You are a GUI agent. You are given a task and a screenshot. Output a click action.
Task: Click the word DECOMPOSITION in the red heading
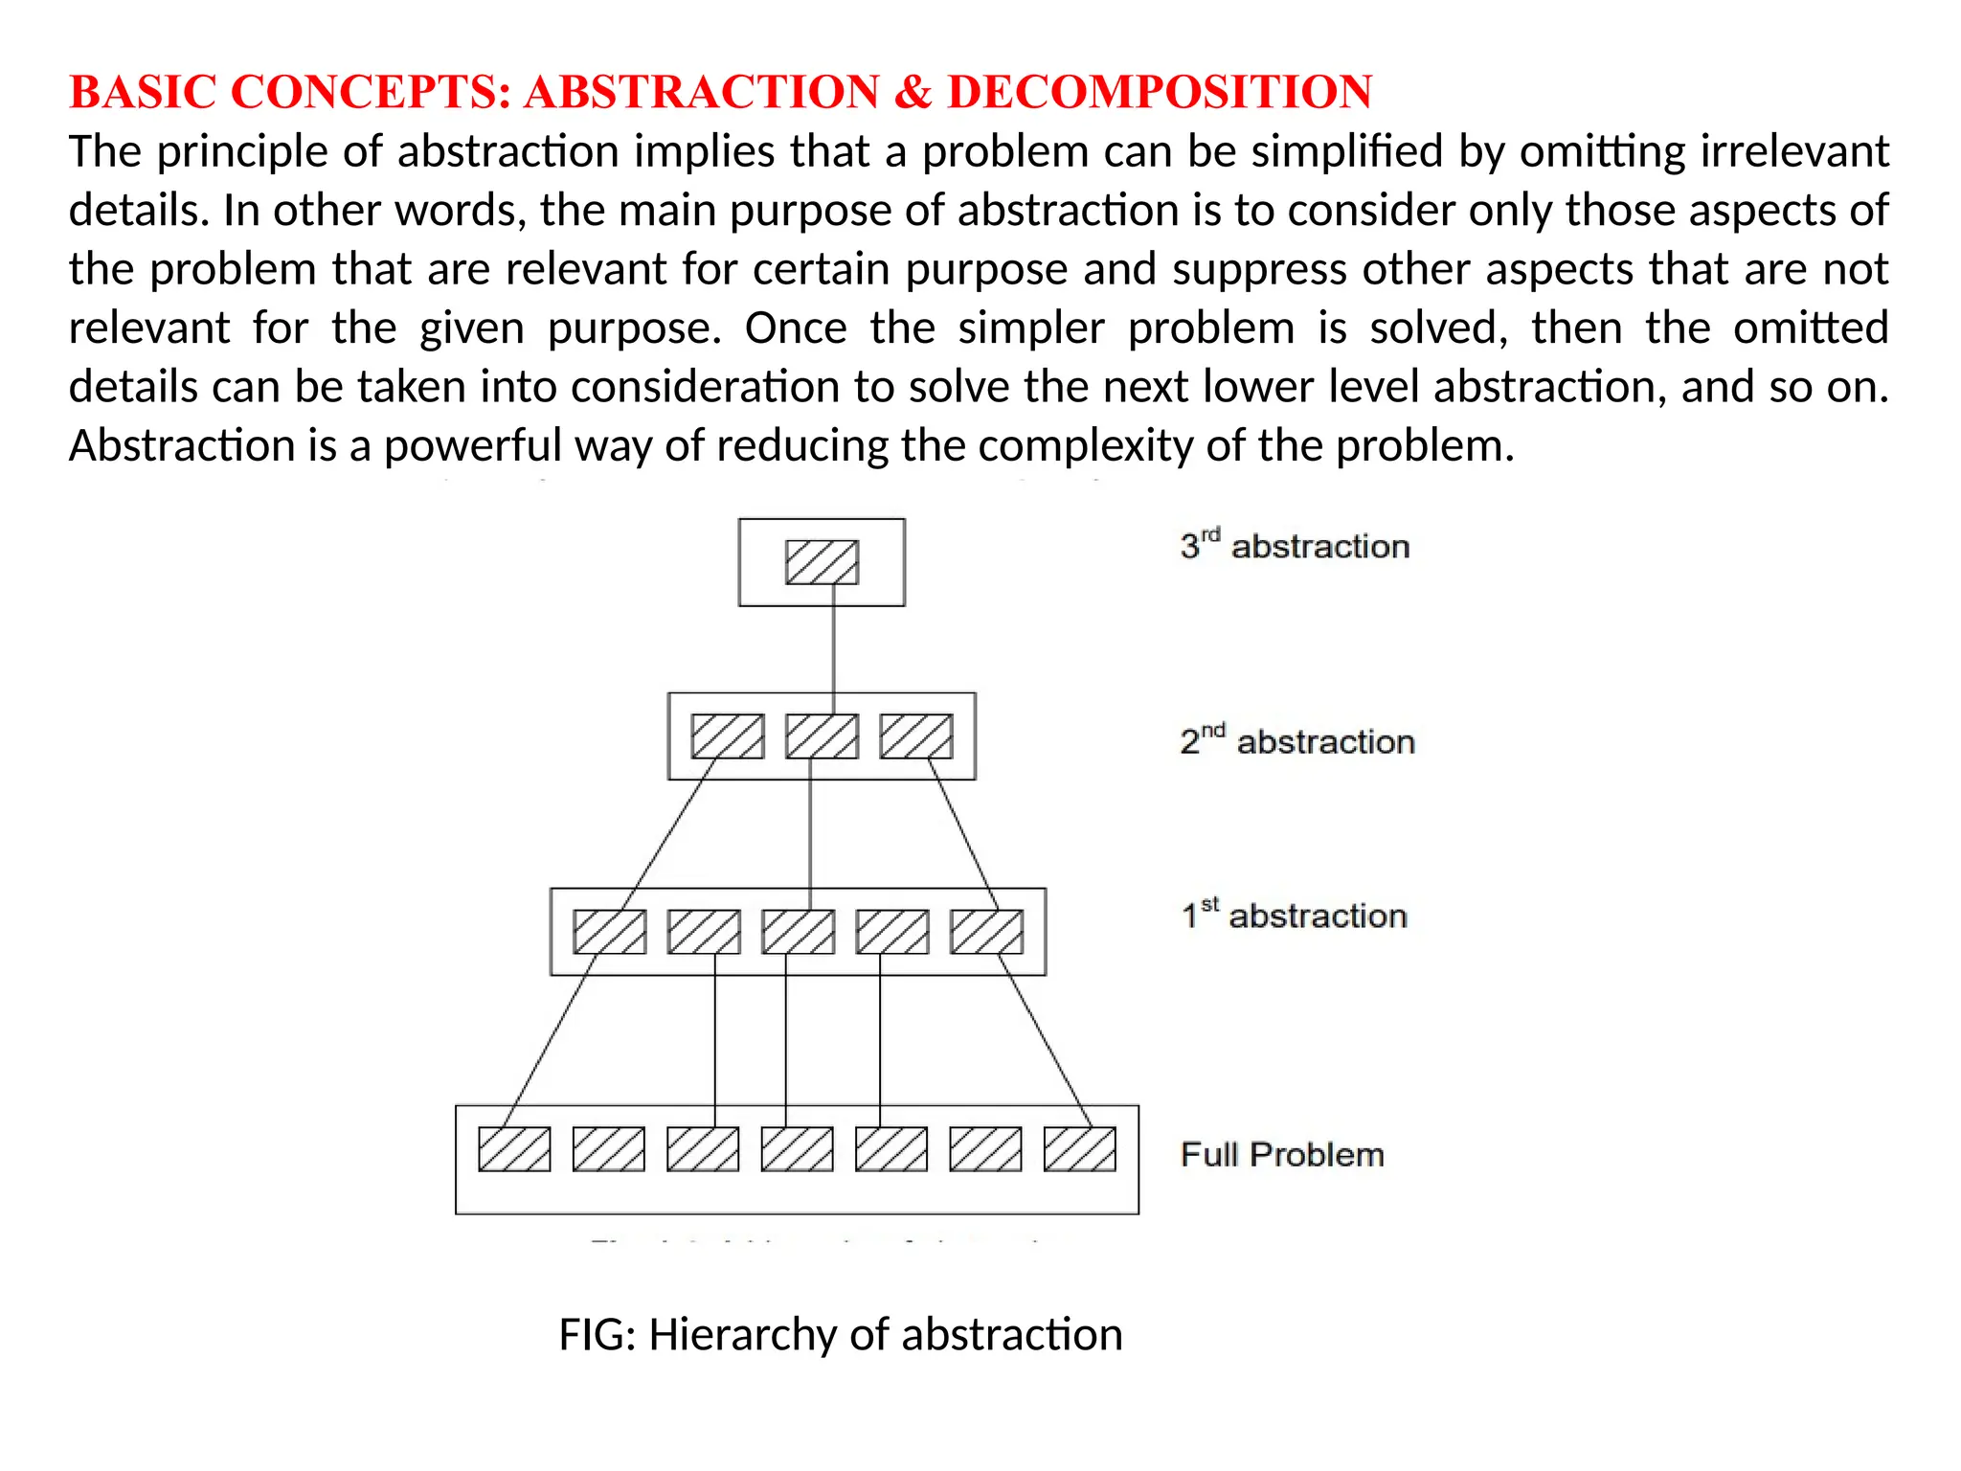(x=1160, y=93)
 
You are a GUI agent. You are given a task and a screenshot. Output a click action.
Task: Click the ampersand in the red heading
(x=913, y=93)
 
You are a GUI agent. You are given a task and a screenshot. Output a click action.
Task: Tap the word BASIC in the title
(x=143, y=93)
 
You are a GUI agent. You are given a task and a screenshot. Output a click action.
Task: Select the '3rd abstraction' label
(x=1295, y=546)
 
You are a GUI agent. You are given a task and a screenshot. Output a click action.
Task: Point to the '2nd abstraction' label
(x=1297, y=741)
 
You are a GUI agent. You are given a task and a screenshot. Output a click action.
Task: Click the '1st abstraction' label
(x=1294, y=916)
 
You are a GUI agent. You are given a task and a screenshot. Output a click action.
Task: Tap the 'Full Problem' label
(x=1282, y=1155)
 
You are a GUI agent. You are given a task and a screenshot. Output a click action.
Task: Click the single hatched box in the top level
(x=822, y=562)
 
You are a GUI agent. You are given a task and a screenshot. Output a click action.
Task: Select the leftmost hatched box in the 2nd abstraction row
(x=728, y=736)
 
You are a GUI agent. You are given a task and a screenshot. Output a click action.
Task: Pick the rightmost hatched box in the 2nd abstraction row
(x=916, y=736)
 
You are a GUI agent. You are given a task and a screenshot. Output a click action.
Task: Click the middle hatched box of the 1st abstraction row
(x=798, y=932)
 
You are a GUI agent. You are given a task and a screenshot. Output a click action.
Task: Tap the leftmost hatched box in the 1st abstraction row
(x=609, y=932)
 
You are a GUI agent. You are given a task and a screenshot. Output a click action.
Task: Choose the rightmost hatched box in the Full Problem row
(x=1079, y=1149)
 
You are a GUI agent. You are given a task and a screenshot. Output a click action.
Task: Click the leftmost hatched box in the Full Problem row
(x=514, y=1149)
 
